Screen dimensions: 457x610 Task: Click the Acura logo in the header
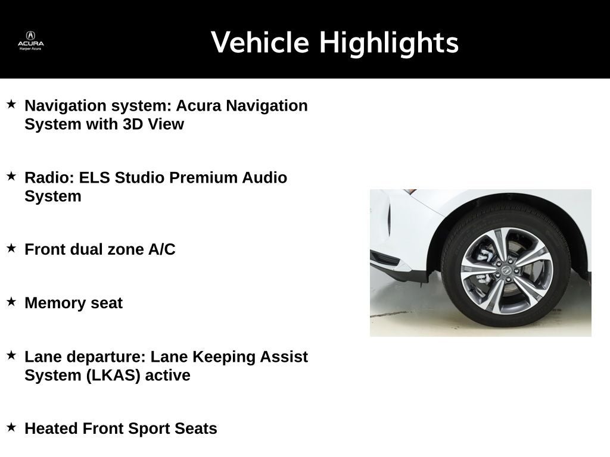30,39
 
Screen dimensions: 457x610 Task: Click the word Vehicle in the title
260,43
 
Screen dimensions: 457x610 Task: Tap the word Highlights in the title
388,43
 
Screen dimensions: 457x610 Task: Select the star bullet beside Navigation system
11,104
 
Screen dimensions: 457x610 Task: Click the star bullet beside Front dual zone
11,248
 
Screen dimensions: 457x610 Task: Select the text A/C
161,249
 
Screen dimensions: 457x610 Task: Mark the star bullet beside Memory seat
11,302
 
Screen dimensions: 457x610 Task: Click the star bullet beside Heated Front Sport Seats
11,427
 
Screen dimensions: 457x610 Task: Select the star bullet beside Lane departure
11,355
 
